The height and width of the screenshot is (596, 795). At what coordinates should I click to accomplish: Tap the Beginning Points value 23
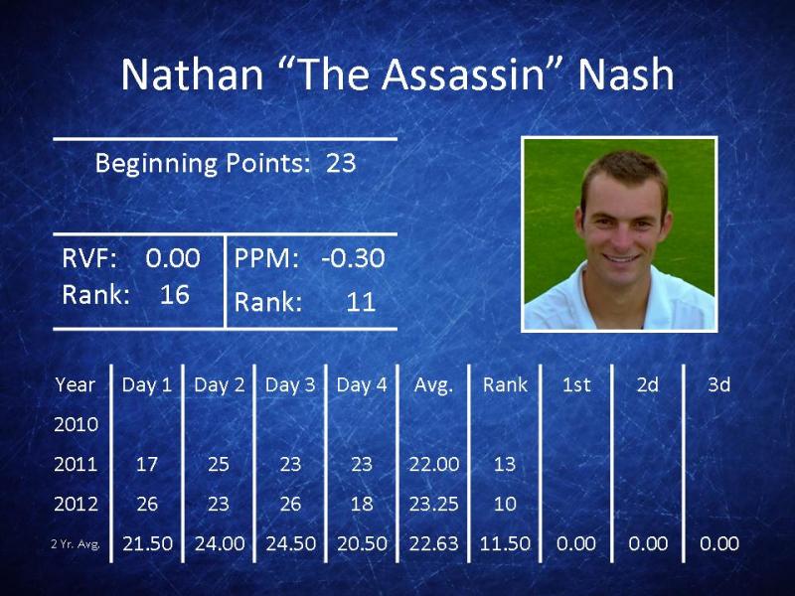tap(340, 163)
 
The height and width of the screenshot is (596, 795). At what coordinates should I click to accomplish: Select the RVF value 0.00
tap(173, 258)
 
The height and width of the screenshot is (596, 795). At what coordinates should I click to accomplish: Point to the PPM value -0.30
tap(354, 258)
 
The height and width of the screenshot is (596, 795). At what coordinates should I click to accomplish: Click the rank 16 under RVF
tap(175, 294)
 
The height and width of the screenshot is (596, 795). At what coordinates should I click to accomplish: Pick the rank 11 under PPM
tap(361, 302)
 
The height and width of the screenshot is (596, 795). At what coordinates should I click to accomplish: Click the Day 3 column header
tap(290, 385)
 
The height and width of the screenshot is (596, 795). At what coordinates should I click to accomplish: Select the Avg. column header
tap(433, 385)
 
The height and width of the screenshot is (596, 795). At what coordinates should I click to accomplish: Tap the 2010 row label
tap(76, 424)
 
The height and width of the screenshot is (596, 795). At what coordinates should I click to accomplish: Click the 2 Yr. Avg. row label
tap(76, 544)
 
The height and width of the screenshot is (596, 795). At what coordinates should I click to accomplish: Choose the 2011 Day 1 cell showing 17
tap(146, 464)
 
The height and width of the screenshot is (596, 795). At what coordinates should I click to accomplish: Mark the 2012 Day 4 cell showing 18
tap(362, 504)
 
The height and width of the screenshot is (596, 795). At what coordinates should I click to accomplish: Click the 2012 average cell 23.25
tap(433, 504)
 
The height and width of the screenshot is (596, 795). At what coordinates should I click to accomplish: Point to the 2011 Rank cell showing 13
tap(505, 464)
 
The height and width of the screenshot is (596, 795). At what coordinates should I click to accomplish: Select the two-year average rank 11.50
tap(505, 543)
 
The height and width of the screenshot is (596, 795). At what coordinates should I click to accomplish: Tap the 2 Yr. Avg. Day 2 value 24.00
tap(220, 543)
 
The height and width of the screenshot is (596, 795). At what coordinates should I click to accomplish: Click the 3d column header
tap(718, 385)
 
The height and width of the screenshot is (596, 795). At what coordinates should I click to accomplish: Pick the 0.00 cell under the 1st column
tap(576, 543)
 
